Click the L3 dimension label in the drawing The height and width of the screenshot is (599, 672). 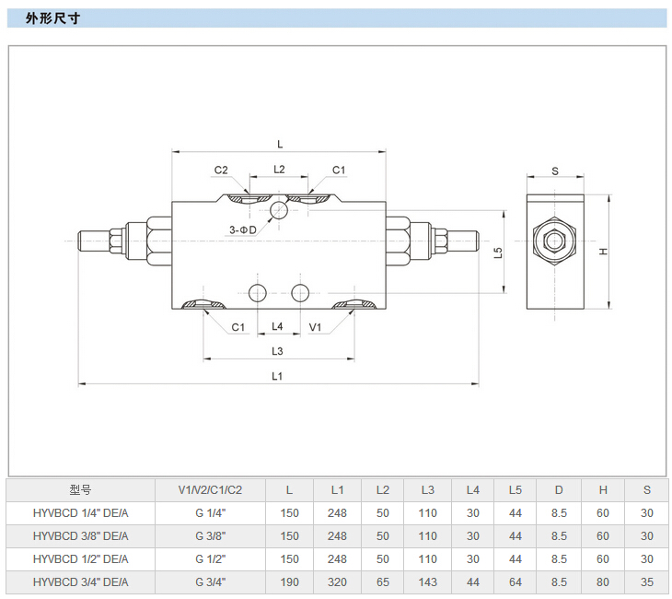coord(277,351)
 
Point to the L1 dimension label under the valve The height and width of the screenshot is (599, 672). coord(277,375)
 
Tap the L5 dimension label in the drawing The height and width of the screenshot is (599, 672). coord(498,252)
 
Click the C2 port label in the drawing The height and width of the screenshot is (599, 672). coord(222,170)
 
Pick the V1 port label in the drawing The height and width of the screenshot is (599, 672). coord(315,327)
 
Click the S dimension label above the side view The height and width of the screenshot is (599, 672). coord(555,170)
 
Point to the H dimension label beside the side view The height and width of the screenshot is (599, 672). coord(603,252)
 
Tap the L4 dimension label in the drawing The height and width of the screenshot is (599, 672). coord(277,327)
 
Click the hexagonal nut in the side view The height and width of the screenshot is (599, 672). coord(555,241)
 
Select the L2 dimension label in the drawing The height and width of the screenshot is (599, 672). coord(279,170)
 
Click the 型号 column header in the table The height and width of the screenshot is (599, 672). coord(81,490)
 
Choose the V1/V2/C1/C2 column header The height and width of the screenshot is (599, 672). coord(211,490)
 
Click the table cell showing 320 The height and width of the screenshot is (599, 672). coord(337,582)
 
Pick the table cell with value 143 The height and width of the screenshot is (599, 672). coord(428,582)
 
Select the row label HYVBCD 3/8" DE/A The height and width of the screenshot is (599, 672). coord(81,536)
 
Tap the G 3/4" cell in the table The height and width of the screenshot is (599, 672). coord(211,582)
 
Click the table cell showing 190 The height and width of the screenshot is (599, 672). coord(290,582)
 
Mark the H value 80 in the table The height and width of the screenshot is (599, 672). coord(603,582)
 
